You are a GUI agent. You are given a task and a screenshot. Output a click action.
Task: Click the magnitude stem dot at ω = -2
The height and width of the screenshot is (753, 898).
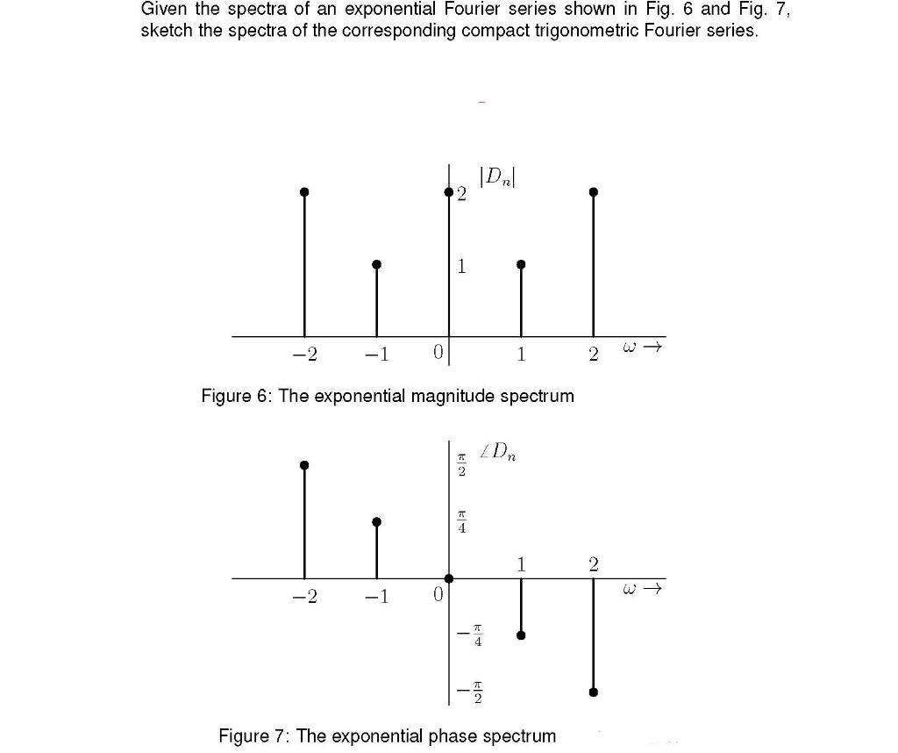coord(304,191)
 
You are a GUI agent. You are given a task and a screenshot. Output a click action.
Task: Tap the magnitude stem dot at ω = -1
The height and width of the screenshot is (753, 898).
coord(377,264)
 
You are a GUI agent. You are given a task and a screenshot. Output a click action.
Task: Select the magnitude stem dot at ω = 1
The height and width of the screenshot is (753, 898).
coord(521,264)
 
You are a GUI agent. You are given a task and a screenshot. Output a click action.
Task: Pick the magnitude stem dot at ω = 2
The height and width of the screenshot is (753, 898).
coord(594,191)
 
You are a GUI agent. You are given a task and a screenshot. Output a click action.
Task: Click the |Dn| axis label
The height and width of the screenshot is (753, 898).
coord(495,176)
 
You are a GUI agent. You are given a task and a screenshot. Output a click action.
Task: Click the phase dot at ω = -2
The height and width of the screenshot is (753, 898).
coord(304,465)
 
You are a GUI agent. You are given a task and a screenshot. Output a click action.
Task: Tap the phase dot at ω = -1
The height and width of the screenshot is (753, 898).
coord(377,521)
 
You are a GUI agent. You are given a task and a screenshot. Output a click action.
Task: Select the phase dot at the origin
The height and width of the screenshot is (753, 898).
coord(449,578)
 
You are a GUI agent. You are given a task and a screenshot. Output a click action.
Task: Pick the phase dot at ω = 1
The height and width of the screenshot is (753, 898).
coord(521,636)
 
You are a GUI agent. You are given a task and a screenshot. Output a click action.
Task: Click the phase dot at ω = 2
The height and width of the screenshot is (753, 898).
coord(594,692)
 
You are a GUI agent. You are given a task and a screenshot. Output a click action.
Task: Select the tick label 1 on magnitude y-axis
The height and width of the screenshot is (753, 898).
coord(461,267)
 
